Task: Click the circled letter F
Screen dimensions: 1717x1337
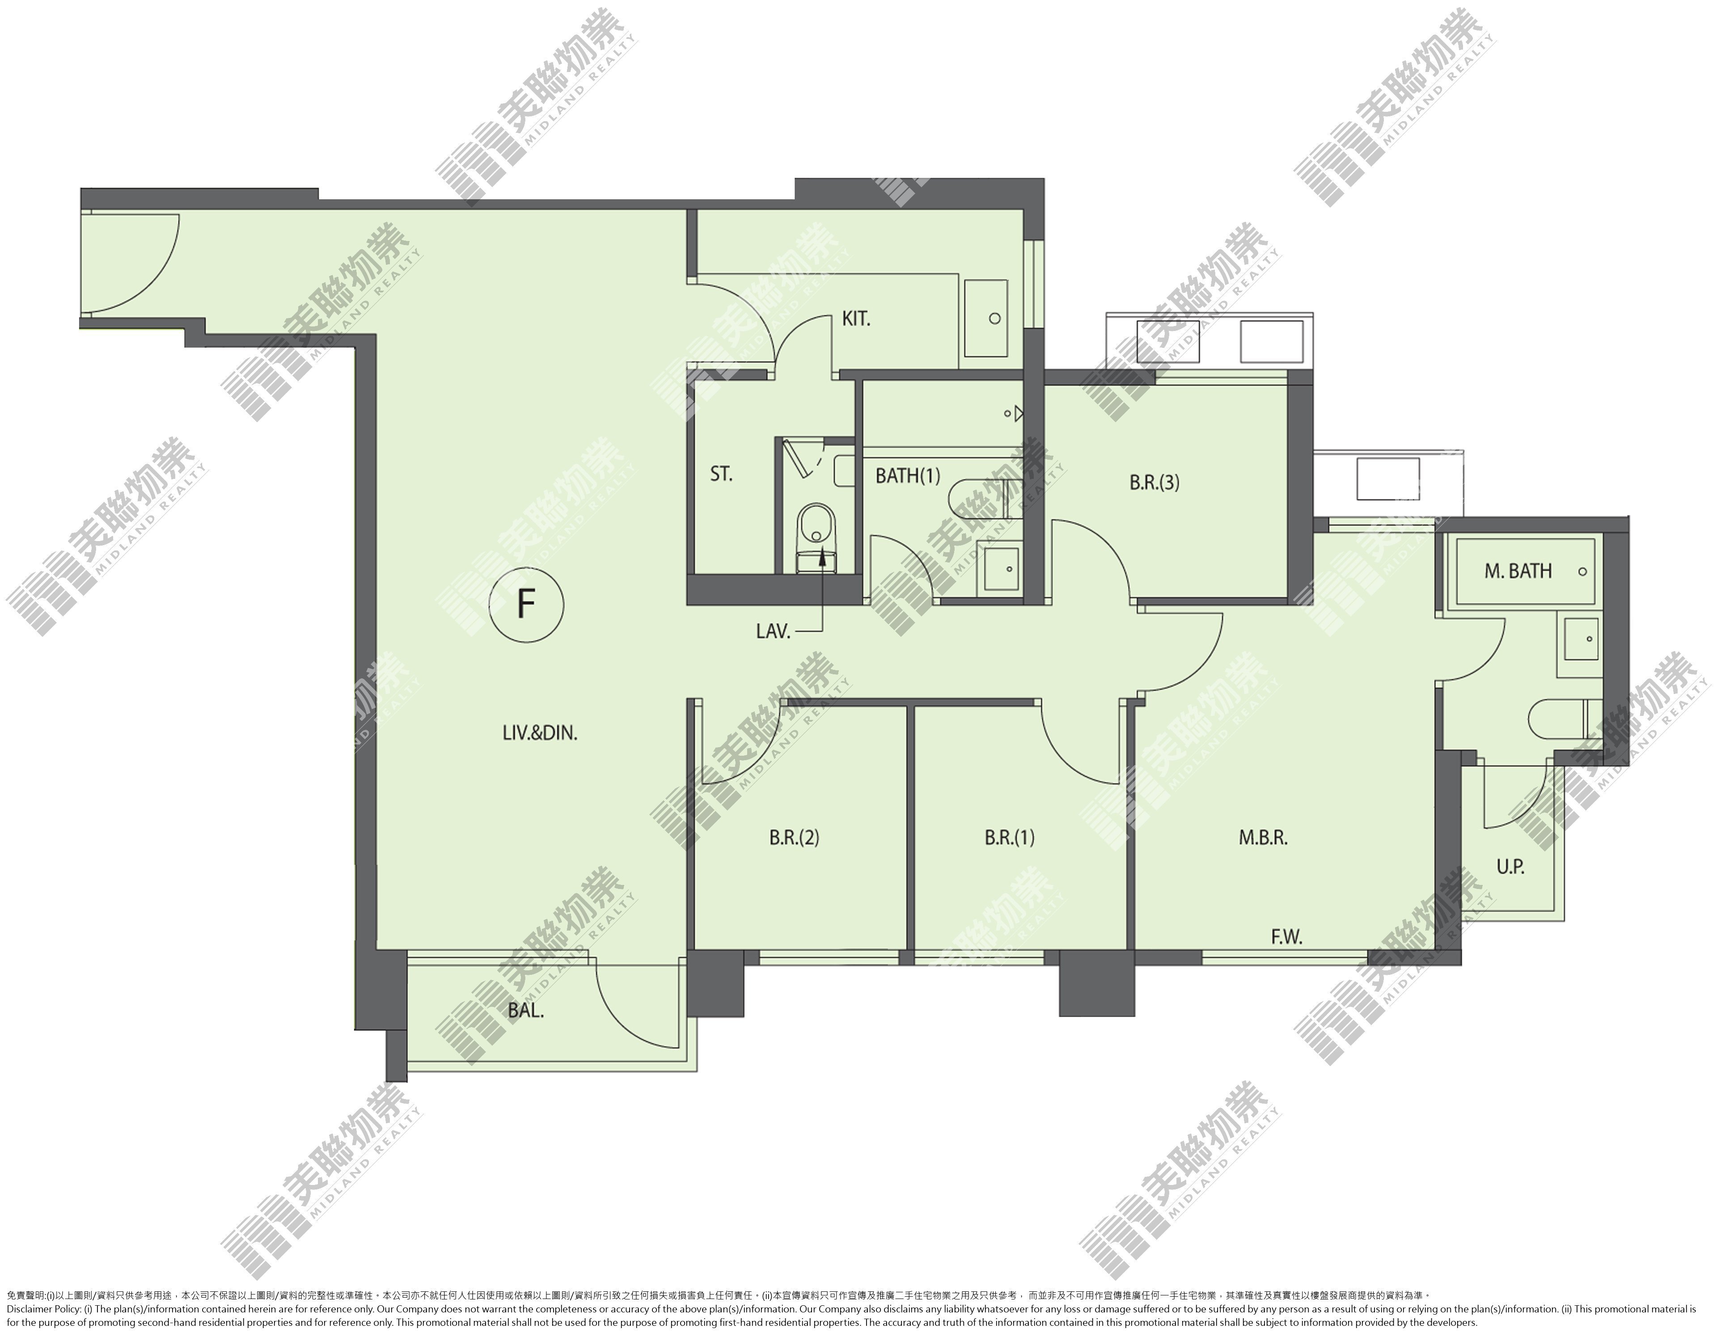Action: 526,605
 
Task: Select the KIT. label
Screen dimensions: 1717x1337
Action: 856,319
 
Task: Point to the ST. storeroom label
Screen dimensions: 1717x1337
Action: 721,474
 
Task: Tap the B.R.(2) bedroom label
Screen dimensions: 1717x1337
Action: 794,838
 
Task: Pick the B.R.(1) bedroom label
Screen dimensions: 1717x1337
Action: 1010,838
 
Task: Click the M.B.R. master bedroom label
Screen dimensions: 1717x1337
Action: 1263,838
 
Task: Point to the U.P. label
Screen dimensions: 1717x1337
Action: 1510,867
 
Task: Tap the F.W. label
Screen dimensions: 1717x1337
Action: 1287,937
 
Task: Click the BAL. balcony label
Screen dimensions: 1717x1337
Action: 526,1011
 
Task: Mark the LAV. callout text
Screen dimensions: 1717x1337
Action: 773,631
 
